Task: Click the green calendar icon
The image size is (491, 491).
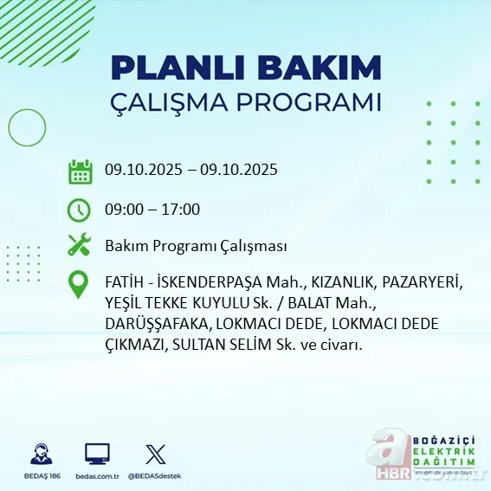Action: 81,171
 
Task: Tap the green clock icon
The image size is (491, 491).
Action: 80,210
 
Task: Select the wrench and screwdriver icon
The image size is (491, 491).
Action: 80,245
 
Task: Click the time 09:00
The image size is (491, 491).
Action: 124,209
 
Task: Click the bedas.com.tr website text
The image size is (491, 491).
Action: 97,476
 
